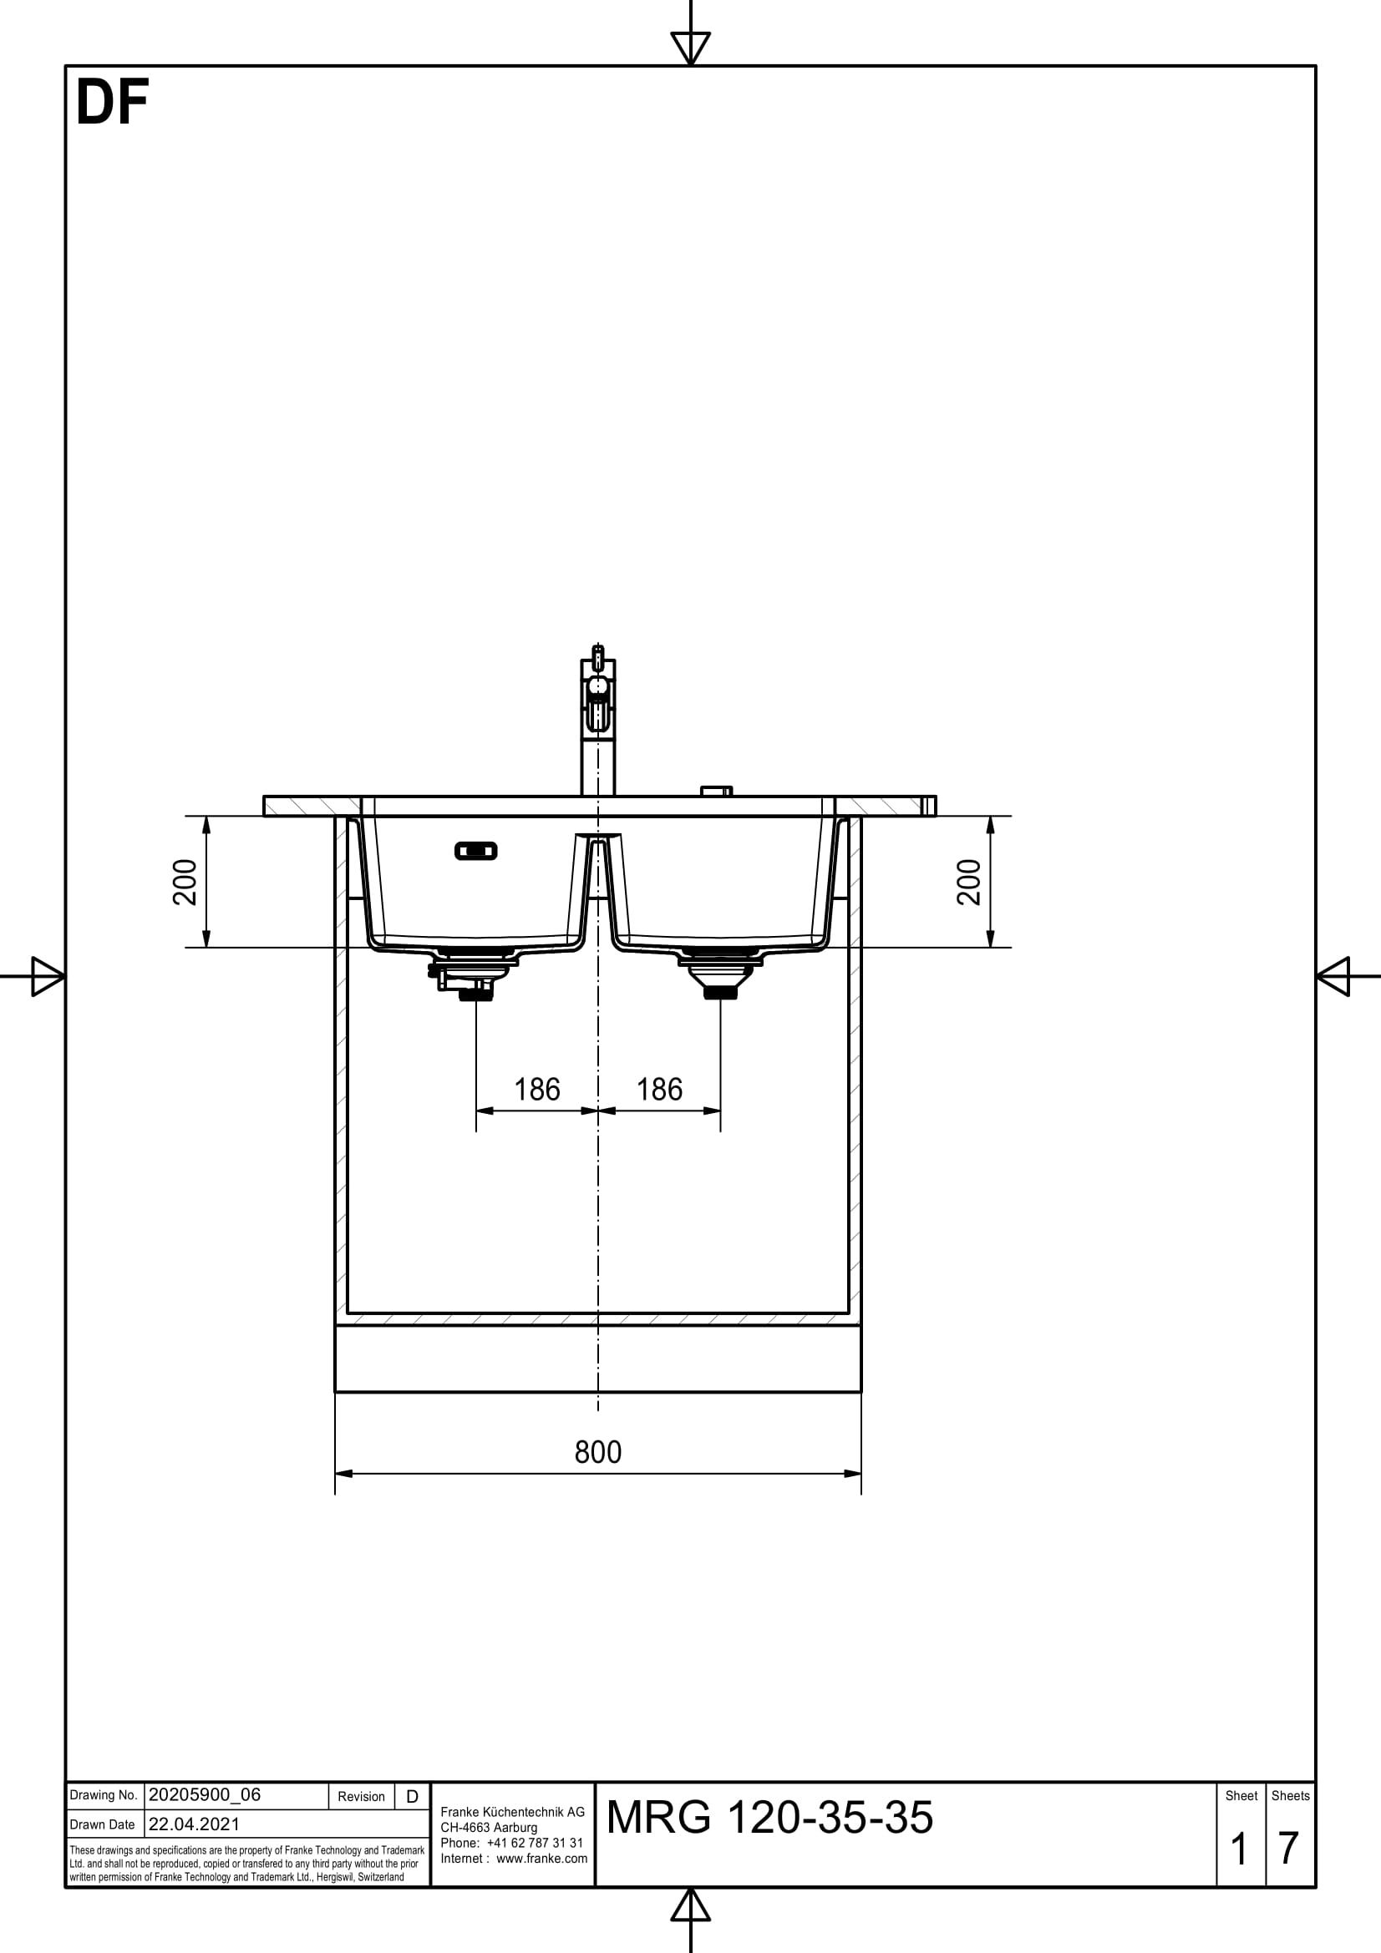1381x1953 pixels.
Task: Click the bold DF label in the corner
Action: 112,103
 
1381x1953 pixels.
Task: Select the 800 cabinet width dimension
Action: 597,1452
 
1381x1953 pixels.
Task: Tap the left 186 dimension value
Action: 537,1090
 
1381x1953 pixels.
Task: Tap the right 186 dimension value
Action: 659,1090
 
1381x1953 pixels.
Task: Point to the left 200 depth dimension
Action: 185,881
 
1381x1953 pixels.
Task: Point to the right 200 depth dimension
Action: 969,881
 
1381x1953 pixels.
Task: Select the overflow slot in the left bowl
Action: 475,851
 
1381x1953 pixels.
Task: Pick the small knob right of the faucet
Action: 716,791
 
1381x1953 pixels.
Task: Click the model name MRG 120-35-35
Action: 769,1818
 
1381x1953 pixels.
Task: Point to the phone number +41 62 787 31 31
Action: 535,1843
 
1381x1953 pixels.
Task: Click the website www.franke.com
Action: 541,1858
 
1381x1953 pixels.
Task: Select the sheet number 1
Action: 1239,1849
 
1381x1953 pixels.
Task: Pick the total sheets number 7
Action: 1288,1849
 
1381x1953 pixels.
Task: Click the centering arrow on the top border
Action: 690,47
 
